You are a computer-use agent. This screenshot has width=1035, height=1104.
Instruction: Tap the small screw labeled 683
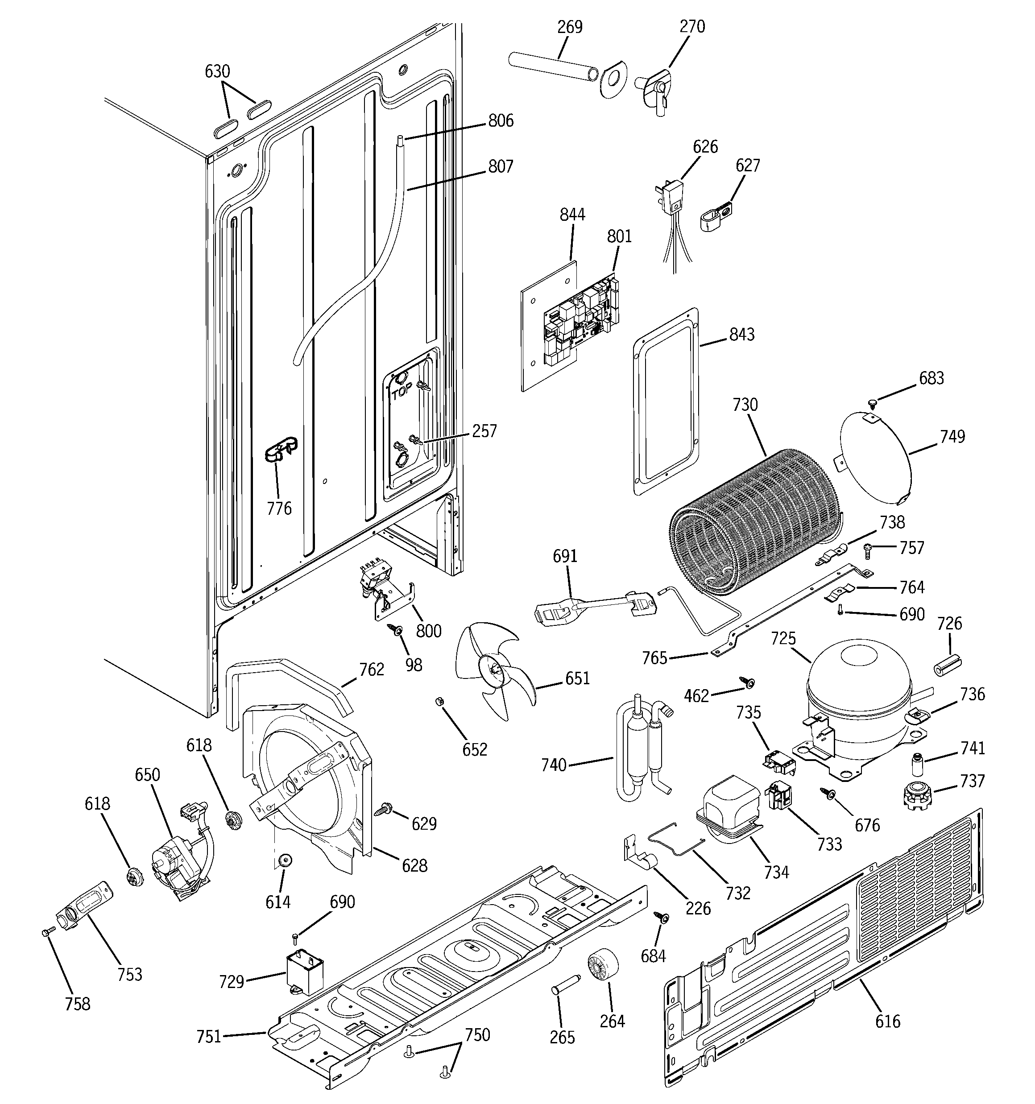(872, 401)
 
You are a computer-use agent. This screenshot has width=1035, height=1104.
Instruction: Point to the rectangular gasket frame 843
(666, 401)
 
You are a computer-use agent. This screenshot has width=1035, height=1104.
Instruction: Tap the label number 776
(279, 508)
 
